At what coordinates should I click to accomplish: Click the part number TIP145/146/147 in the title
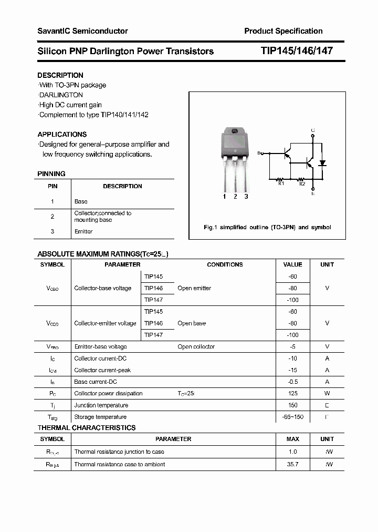click(296, 51)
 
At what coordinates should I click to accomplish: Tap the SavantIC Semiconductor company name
click(82, 31)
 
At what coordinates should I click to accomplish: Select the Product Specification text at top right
click(283, 31)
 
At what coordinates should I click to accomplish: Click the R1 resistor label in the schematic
click(281, 183)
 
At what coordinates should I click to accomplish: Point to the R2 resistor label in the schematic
click(302, 183)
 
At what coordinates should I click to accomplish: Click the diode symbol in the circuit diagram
click(323, 163)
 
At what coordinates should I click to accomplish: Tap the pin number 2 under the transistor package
click(235, 197)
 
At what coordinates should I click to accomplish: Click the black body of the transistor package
click(234, 144)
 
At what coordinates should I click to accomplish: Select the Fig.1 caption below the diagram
click(267, 228)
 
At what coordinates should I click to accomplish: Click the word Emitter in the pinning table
click(83, 231)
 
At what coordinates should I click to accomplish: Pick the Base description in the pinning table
click(81, 201)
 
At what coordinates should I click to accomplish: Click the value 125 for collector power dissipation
click(292, 393)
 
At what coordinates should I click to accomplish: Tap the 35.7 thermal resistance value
click(292, 464)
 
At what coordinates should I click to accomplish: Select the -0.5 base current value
click(292, 382)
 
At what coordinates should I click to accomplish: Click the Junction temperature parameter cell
click(101, 405)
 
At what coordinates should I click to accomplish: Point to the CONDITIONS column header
click(225, 264)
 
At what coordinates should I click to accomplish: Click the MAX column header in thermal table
click(292, 439)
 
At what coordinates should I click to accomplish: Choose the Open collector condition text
click(196, 346)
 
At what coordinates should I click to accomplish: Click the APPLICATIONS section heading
click(62, 134)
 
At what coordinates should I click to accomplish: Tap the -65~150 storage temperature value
click(292, 417)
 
